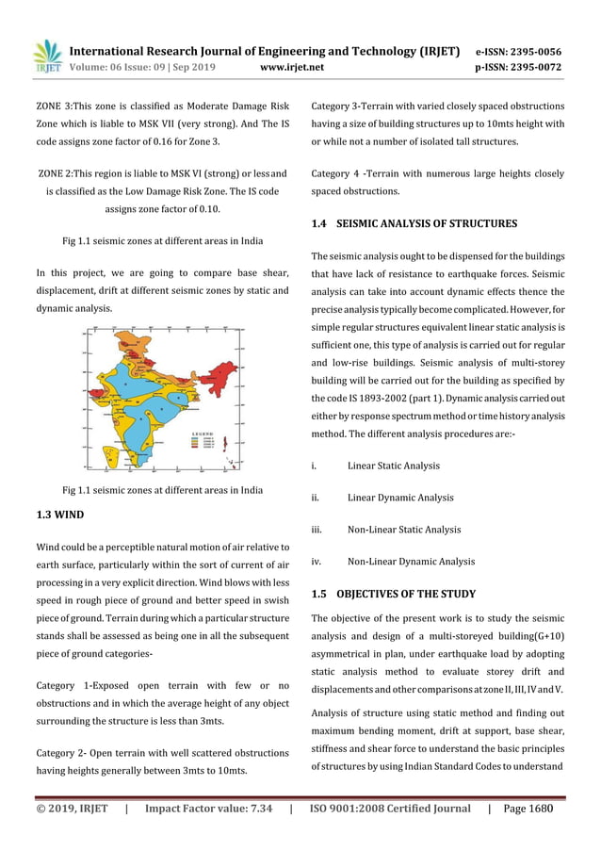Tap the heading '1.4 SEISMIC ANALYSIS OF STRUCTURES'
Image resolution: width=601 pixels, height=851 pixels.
coord(414,224)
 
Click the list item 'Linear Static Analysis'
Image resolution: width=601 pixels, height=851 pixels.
coord(393,466)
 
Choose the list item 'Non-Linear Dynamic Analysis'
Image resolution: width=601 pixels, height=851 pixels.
coord(411,562)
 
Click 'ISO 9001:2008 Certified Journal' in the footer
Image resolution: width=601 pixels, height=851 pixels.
coord(390,808)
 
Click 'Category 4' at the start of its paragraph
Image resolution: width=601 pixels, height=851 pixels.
coord(337,173)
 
